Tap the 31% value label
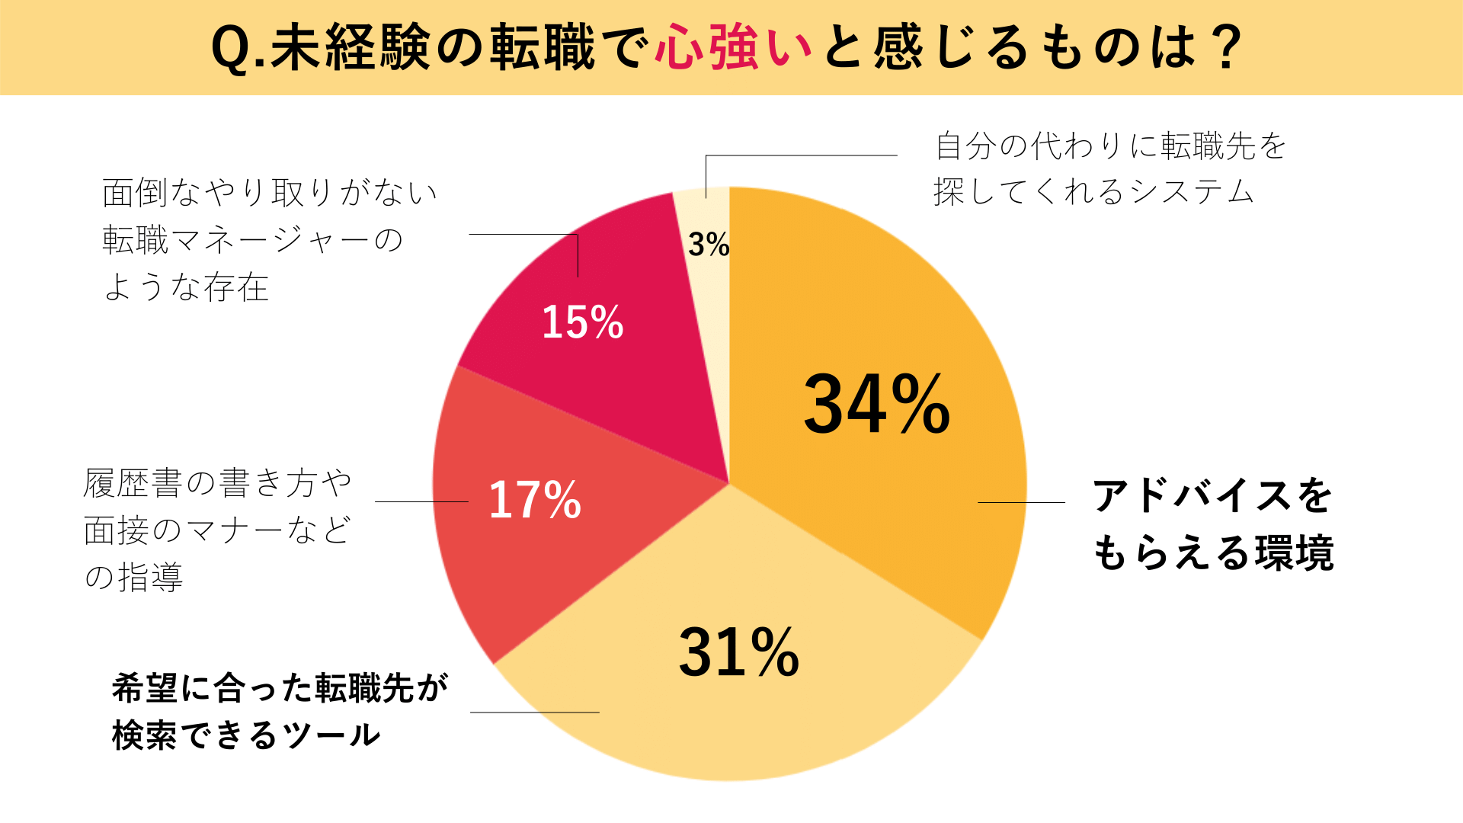coord(738,652)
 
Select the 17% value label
coord(535,500)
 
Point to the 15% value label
coord(582,322)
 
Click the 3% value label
coord(709,245)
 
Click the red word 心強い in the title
coord(734,47)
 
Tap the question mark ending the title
coord(1226,47)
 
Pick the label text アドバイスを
coord(1212,496)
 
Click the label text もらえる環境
coord(1213,552)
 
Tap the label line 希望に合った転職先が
coord(280,688)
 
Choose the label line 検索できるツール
coord(246,735)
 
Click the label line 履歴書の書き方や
coord(218,483)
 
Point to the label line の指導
coord(134,577)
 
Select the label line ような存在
coord(186,287)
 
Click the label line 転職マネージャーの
coord(252,240)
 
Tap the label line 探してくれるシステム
coord(1093,191)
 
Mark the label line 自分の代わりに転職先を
coord(1111,146)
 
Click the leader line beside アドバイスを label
coord(1021,502)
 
